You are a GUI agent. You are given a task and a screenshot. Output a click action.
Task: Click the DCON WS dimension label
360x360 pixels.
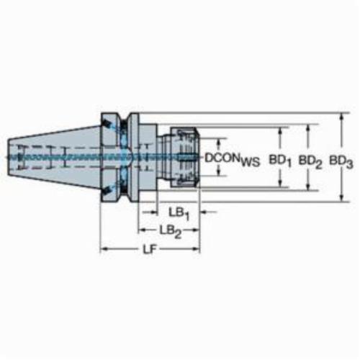[x=232, y=159]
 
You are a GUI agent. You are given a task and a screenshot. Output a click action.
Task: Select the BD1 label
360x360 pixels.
[x=280, y=160]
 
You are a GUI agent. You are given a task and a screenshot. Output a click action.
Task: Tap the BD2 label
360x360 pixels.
[x=310, y=161]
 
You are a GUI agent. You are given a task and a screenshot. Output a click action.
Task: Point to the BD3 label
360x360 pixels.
[x=341, y=161]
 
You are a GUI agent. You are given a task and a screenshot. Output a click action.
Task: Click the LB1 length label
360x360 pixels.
[x=179, y=214]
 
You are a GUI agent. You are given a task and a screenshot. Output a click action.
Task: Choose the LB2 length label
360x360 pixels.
[x=171, y=232]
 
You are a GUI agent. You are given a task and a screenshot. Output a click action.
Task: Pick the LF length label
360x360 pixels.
[x=150, y=250]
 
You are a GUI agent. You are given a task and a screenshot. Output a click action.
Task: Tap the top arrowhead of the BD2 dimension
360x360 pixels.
[x=308, y=128]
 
